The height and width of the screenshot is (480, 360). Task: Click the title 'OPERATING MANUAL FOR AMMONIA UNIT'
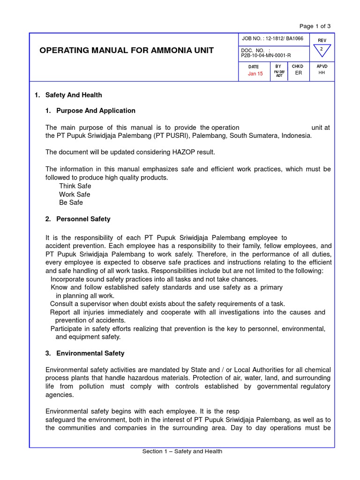tap(127, 51)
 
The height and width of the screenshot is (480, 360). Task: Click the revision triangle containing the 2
tap(322, 50)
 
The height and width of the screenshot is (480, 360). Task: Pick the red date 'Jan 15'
tap(255, 74)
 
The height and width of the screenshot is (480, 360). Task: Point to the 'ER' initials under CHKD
tap(298, 73)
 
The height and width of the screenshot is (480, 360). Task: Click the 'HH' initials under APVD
tap(322, 73)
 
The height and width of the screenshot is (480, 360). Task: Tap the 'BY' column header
tap(278, 67)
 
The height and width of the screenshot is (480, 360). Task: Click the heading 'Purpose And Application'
tap(96, 111)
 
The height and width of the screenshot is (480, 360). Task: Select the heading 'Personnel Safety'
tap(83, 219)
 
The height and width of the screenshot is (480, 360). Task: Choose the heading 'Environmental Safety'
tap(90, 353)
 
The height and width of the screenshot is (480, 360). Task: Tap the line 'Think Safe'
tap(75, 186)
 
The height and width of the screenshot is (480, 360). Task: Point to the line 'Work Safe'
tap(75, 194)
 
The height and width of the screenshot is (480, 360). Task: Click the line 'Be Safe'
tap(71, 202)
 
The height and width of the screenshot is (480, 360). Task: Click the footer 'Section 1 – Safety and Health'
tap(182, 451)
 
